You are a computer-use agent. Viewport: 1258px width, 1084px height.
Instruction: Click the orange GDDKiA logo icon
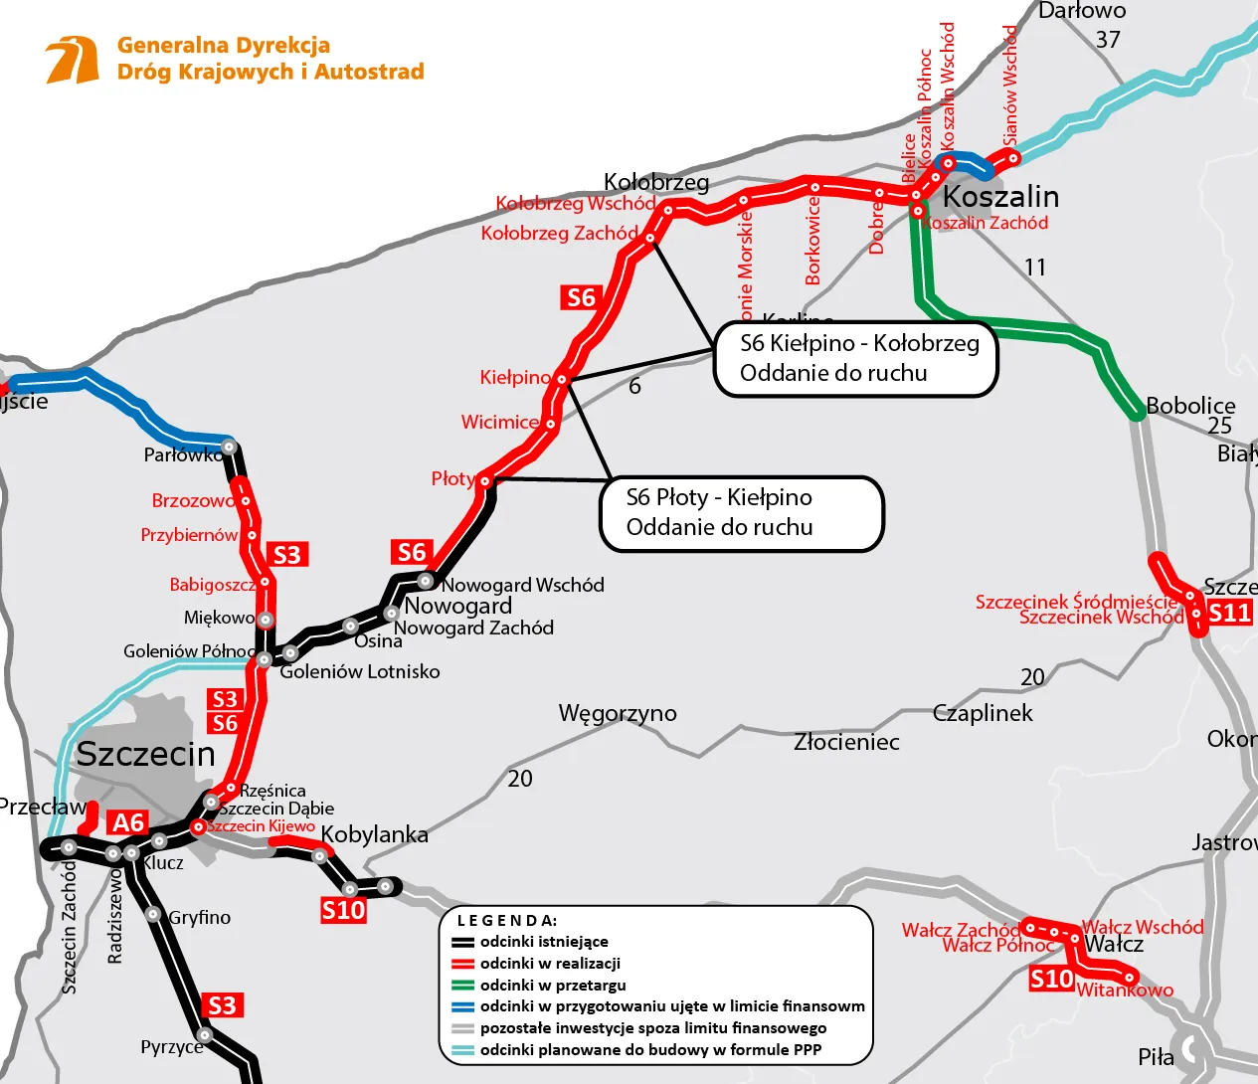72,60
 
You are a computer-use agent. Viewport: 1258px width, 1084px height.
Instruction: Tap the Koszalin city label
999,196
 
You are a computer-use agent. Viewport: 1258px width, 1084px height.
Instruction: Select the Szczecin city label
145,754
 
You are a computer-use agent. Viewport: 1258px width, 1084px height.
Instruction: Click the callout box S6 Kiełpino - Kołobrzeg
855,359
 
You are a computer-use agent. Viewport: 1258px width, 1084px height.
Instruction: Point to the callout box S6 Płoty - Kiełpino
741,513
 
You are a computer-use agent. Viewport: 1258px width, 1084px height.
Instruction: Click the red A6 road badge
128,822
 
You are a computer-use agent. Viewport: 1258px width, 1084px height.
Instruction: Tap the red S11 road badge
1229,613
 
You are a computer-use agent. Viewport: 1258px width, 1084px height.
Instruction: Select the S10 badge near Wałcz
1051,980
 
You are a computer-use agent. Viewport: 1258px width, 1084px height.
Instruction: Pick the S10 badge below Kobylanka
343,910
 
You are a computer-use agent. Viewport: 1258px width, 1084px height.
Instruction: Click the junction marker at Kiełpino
562,379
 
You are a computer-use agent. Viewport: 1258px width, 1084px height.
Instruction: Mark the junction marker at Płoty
485,480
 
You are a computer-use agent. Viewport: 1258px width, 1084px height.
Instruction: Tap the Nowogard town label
457,606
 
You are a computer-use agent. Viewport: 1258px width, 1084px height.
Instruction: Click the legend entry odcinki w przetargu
553,985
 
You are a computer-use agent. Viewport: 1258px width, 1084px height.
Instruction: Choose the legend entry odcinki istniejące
544,941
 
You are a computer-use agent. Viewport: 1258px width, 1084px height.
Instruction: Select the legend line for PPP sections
463,1049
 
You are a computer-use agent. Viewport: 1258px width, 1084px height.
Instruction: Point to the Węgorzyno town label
617,713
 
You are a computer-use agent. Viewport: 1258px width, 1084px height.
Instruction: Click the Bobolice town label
1189,406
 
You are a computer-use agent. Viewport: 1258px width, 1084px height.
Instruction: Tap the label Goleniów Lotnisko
359,671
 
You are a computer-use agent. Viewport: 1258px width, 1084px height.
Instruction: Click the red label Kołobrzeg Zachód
559,234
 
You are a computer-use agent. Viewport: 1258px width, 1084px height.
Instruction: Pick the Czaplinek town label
983,713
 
